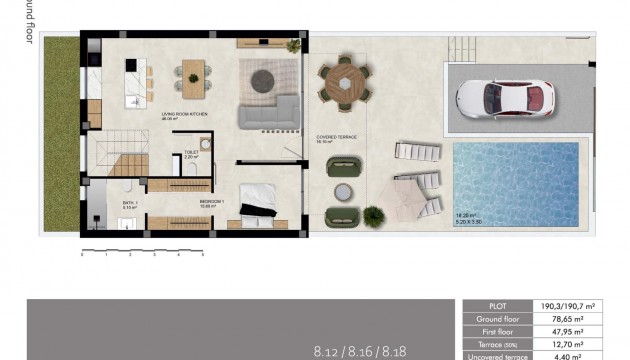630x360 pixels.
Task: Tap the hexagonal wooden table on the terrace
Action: tap(345, 84)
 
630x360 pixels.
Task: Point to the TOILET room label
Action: tap(192, 152)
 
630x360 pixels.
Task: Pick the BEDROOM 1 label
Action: tap(211, 203)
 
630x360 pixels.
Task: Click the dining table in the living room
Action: tap(192, 73)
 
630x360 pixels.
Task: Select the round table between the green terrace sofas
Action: tap(345, 189)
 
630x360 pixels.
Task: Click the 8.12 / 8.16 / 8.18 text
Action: tap(359, 351)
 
